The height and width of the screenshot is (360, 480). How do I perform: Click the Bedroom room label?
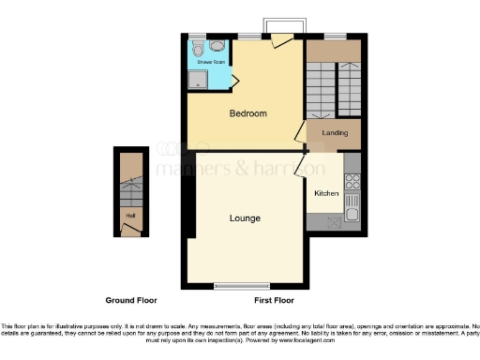(248, 113)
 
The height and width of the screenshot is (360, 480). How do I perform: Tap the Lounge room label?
(245, 217)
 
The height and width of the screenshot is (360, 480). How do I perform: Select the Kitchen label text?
(325, 194)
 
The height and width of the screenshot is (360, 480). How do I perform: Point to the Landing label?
(335, 133)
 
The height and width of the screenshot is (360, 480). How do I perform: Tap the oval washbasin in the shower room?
(217, 45)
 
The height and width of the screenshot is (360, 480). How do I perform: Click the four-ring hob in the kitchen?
(352, 178)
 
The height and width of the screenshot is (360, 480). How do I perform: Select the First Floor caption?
(274, 301)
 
